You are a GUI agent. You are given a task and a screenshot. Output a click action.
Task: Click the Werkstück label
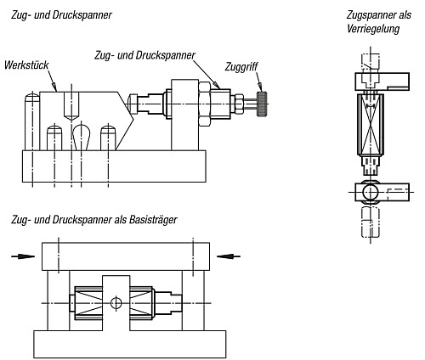pos(26,65)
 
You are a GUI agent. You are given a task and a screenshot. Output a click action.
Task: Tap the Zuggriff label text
pos(241,67)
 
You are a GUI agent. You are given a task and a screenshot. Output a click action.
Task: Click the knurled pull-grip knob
pos(262,104)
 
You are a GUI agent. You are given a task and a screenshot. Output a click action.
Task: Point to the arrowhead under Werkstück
pos(54,86)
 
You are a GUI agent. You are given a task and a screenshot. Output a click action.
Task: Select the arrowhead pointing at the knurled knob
pos(260,87)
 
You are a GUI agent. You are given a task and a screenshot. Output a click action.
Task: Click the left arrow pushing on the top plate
pos(23,256)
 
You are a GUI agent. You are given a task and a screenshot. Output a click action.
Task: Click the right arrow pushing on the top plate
pos(229,256)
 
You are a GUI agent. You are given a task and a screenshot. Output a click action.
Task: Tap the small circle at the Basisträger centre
pos(116,303)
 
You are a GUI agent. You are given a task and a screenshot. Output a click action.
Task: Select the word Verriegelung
pos(373,29)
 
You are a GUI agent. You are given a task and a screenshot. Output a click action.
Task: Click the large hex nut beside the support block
pos(204,104)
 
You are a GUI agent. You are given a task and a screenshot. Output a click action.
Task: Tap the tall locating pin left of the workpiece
pos(31,122)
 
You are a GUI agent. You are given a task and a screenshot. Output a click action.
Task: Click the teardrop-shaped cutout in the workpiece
pos(82,137)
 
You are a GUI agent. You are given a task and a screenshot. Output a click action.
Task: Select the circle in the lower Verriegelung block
pos(371,192)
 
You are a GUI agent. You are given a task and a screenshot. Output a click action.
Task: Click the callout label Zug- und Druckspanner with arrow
pos(144,55)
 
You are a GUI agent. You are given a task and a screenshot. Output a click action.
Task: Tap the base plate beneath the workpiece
pos(114,166)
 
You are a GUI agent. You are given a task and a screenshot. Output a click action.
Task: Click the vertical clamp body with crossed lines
pos(371,125)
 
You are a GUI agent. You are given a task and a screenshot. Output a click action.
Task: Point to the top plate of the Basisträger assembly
pos(126,256)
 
